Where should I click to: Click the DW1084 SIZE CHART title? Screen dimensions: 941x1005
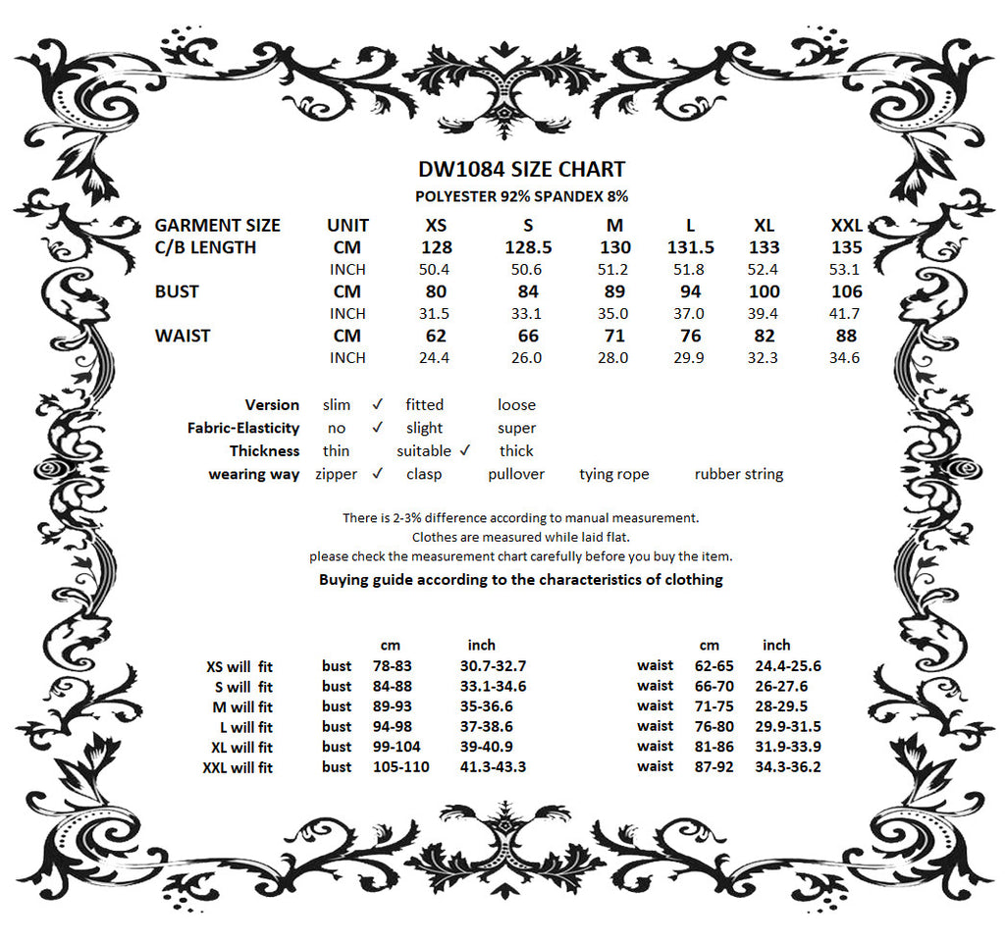521,170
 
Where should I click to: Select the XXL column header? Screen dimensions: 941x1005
846,225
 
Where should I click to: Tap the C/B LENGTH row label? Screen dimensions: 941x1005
205,247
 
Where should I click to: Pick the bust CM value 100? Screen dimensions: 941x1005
764,291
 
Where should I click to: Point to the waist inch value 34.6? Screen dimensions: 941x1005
844,358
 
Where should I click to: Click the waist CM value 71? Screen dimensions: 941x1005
614,336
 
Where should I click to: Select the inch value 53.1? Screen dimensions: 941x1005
844,270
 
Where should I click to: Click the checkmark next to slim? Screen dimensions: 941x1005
377,404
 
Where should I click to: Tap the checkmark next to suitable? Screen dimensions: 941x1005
465,450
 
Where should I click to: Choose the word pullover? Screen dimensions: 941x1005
516,474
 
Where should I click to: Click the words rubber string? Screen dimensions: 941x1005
738,474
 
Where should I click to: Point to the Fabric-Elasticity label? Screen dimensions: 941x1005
243,428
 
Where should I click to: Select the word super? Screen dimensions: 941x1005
516,428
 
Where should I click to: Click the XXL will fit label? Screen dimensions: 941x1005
238,767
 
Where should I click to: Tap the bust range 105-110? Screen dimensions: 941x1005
400,766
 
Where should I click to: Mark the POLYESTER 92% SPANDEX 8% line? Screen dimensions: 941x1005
521,197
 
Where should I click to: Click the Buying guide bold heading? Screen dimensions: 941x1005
520,579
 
